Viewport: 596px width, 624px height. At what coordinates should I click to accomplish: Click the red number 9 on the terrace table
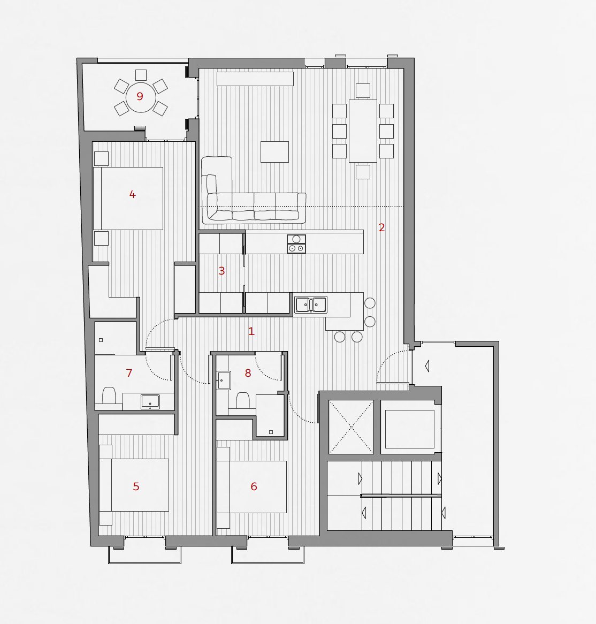point(140,96)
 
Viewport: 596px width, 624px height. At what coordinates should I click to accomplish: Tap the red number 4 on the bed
point(133,194)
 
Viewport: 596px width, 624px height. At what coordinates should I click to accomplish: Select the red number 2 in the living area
point(381,227)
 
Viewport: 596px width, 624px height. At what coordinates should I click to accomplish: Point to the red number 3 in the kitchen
point(221,271)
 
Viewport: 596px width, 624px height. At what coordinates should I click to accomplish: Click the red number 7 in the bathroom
point(129,373)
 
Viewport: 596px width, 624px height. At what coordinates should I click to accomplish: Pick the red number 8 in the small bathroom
point(248,373)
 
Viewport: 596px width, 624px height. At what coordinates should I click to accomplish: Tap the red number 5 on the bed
point(136,486)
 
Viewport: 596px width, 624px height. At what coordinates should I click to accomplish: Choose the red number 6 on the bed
point(254,486)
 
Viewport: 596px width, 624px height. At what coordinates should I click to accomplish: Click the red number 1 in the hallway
point(251,331)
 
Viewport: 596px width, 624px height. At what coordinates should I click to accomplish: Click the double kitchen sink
point(311,305)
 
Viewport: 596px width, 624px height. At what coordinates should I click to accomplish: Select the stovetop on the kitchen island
point(296,244)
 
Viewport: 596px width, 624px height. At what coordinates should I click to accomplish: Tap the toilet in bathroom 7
point(109,396)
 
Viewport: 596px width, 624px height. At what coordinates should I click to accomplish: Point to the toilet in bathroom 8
point(243,400)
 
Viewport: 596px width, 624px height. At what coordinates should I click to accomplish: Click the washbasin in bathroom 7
point(150,401)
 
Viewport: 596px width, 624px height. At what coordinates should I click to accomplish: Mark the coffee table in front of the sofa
point(274,151)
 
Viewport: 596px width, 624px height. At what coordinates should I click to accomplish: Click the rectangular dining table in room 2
point(363,131)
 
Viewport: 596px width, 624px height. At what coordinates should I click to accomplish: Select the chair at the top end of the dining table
point(363,91)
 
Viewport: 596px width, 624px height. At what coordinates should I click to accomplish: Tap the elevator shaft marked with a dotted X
point(352,427)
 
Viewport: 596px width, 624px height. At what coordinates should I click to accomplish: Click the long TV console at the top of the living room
point(255,79)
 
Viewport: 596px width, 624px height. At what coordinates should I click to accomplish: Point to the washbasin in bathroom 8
point(224,381)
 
